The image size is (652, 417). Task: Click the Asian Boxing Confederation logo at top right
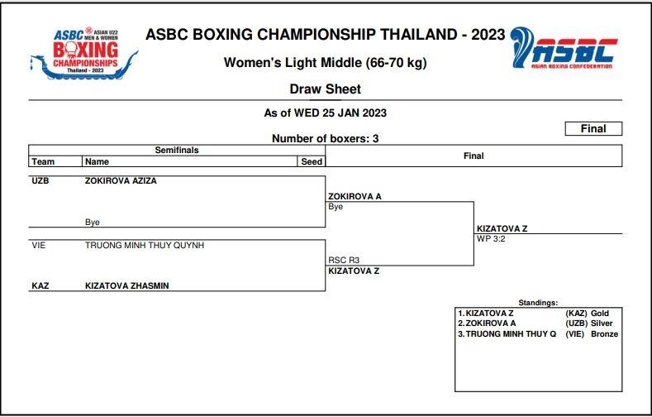tap(562, 50)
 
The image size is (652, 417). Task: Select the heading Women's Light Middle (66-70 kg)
tap(325, 63)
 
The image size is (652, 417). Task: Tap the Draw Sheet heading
tap(325, 89)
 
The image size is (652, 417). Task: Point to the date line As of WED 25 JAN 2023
tap(325, 113)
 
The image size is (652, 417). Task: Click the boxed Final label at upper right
tap(593, 128)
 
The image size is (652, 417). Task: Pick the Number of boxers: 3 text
tap(325, 139)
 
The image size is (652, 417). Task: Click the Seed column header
tap(311, 162)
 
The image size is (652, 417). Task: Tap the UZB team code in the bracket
tap(40, 180)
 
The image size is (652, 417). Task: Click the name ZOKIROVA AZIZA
tap(121, 180)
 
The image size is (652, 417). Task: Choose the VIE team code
tap(40, 245)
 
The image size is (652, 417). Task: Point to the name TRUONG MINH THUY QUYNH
tap(145, 245)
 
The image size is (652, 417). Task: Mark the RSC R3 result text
tap(344, 260)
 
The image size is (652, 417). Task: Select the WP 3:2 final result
tap(493, 238)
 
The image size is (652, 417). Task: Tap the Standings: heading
tap(538, 303)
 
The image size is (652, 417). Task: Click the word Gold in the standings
tap(600, 314)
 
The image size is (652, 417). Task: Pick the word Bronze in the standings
tap(604, 333)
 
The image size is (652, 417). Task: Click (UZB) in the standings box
tap(576, 324)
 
